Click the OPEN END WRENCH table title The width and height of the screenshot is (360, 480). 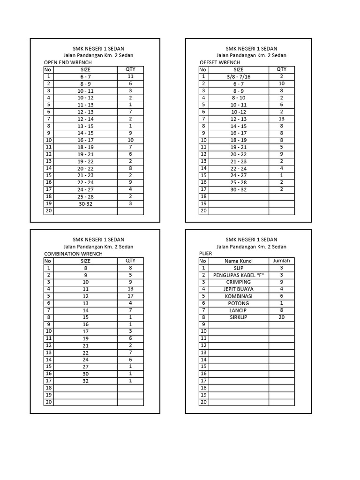tap(67, 62)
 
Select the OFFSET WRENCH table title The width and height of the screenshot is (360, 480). tap(220, 62)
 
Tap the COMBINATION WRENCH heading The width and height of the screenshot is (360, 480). tap(73, 254)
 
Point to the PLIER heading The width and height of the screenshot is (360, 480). tap(205, 254)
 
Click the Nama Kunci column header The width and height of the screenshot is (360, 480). tap(238, 261)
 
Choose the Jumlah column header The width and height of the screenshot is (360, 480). tap(281, 261)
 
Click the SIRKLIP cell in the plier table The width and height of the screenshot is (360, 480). tap(238, 317)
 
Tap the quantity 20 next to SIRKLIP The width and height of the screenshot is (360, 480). tap(281, 317)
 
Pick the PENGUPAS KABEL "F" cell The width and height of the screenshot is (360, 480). tap(238, 275)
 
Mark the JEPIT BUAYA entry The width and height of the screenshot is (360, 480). tap(238, 289)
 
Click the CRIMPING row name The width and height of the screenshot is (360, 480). tap(238, 282)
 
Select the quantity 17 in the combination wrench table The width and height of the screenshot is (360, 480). tap(130, 296)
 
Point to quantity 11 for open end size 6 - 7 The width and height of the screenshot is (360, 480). tap(130, 76)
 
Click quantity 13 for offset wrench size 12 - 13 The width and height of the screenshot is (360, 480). tap(281, 119)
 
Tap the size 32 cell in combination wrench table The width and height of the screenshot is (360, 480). tap(85, 381)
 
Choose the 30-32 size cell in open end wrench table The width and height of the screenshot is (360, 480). tap(85, 204)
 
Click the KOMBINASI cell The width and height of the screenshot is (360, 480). tap(238, 296)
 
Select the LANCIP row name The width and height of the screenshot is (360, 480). tap(238, 310)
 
